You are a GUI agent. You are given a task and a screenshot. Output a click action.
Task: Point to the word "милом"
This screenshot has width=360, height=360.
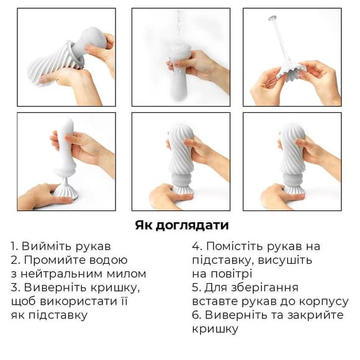[x=127, y=274]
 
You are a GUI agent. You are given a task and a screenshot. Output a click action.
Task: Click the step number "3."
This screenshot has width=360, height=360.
[x=17, y=287]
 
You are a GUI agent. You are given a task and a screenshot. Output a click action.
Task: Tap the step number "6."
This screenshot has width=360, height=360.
[x=197, y=315]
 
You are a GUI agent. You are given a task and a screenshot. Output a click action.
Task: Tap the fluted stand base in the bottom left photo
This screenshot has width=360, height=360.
[x=65, y=190]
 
